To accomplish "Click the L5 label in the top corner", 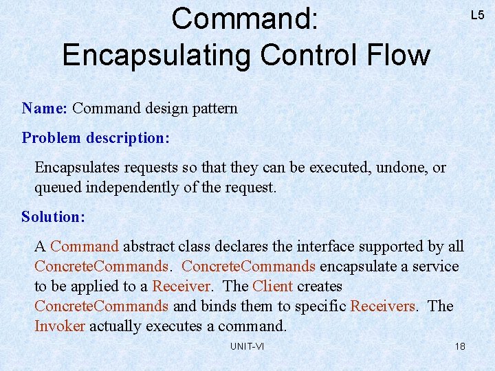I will pos(477,15).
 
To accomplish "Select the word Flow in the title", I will pos(399,55).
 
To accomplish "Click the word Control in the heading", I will pos(306,55).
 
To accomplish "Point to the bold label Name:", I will pos(44,108).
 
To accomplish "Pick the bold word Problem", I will pos(52,137).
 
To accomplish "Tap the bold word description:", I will pos(128,137).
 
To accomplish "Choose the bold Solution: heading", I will pos(54,216).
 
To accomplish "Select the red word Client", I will pos(272,286).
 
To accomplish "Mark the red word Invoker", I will pos(60,326).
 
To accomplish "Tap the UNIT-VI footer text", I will pos(247,346).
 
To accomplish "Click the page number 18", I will pos(460,346).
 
